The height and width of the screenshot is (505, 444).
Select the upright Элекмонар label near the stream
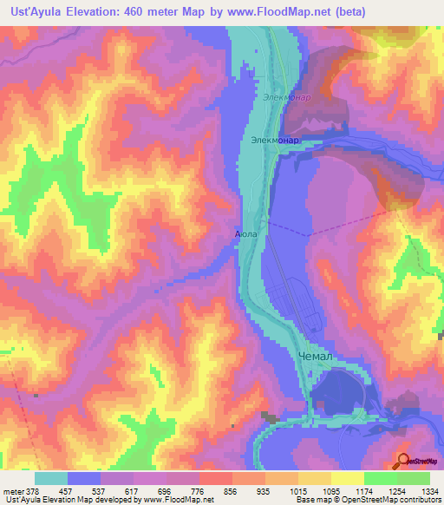pos(275,139)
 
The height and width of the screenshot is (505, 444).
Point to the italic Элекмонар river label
pos(286,98)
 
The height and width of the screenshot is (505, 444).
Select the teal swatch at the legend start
pos(50,478)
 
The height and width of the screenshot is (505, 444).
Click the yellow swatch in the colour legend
pos(347,478)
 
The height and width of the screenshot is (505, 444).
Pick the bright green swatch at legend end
pos(414,478)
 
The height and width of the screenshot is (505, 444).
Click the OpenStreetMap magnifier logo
pos(402,461)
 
